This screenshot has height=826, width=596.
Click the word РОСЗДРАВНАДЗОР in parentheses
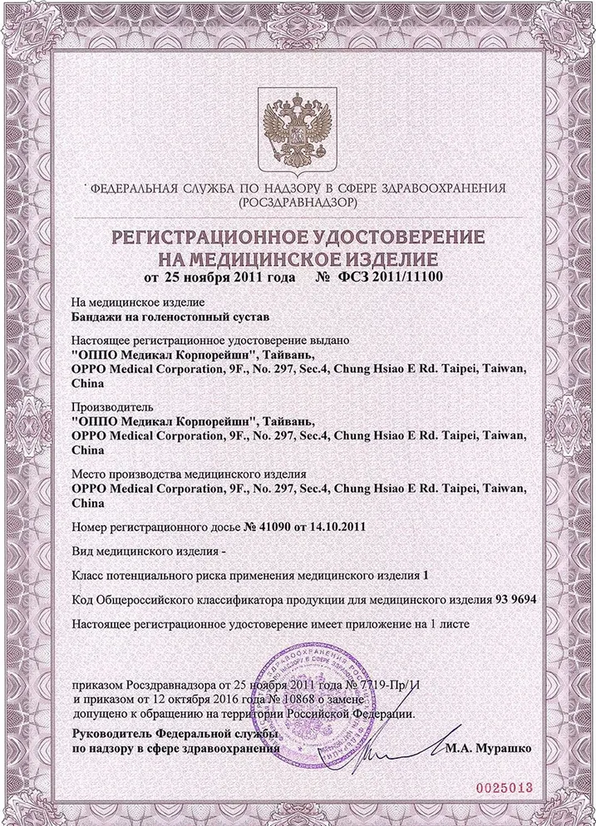tap(298, 202)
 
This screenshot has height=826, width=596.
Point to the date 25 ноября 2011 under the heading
tap(219, 277)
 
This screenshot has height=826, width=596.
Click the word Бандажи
tap(97, 317)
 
